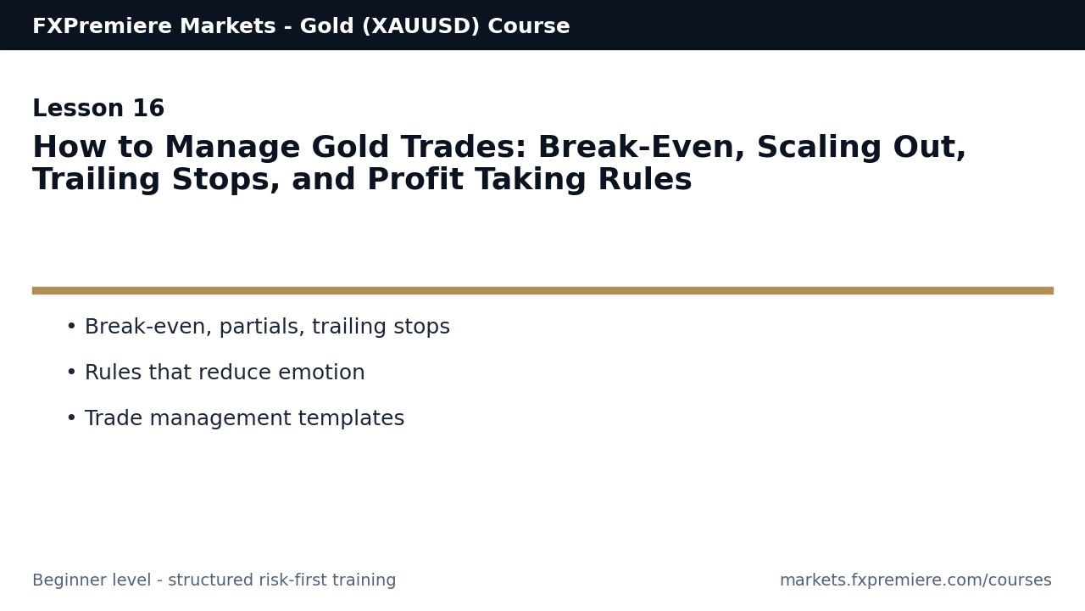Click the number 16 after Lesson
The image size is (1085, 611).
(x=148, y=109)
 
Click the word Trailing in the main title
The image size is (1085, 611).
(x=97, y=181)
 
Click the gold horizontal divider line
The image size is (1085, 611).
(x=542, y=290)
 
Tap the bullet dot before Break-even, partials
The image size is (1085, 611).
(x=71, y=327)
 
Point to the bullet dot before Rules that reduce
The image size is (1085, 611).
(x=71, y=373)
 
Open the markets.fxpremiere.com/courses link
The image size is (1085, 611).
(x=915, y=580)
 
